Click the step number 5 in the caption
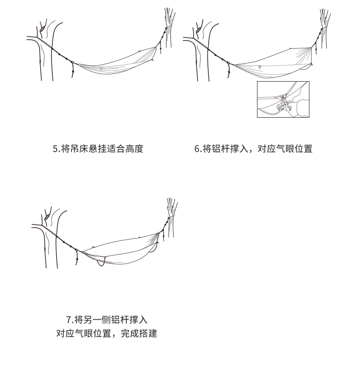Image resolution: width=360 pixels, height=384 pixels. (55, 149)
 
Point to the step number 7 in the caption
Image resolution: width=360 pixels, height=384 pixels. (69, 319)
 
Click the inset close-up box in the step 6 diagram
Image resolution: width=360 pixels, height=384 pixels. (283, 99)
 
